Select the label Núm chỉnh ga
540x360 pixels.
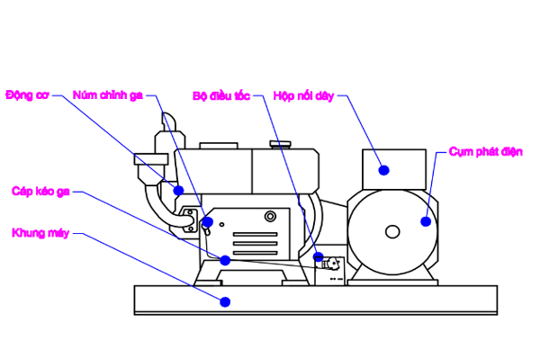[x=107, y=94]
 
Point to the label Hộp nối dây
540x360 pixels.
[x=303, y=94]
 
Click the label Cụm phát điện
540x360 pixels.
[x=486, y=151]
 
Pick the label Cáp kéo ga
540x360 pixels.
[x=40, y=191]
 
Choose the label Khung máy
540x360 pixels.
[x=40, y=233]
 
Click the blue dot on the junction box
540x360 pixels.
[x=383, y=169]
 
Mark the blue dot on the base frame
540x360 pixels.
[x=225, y=301]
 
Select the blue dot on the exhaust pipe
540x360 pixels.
[x=178, y=191]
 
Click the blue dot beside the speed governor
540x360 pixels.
[x=319, y=257]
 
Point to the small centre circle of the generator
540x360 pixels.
[x=392, y=232]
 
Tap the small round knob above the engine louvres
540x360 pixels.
[x=270, y=217]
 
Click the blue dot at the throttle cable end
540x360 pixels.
[x=225, y=260]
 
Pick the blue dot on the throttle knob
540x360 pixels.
[x=208, y=221]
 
